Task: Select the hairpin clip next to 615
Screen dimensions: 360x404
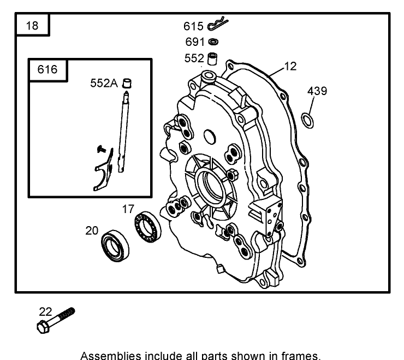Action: (217, 25)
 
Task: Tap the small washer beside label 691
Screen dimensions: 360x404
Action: (213, 42)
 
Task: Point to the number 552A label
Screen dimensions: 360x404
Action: (104, 83)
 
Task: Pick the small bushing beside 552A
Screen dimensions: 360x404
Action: (128, 83)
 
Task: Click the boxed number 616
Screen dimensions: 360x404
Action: (46, 70)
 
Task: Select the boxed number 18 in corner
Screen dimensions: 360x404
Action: (32, 26)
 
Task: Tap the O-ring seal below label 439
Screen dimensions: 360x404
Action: (309, 120)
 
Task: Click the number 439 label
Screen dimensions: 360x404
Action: (317, 91)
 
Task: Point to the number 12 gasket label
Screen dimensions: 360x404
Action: (290, 66)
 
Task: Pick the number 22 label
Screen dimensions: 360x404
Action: (45, 311)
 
